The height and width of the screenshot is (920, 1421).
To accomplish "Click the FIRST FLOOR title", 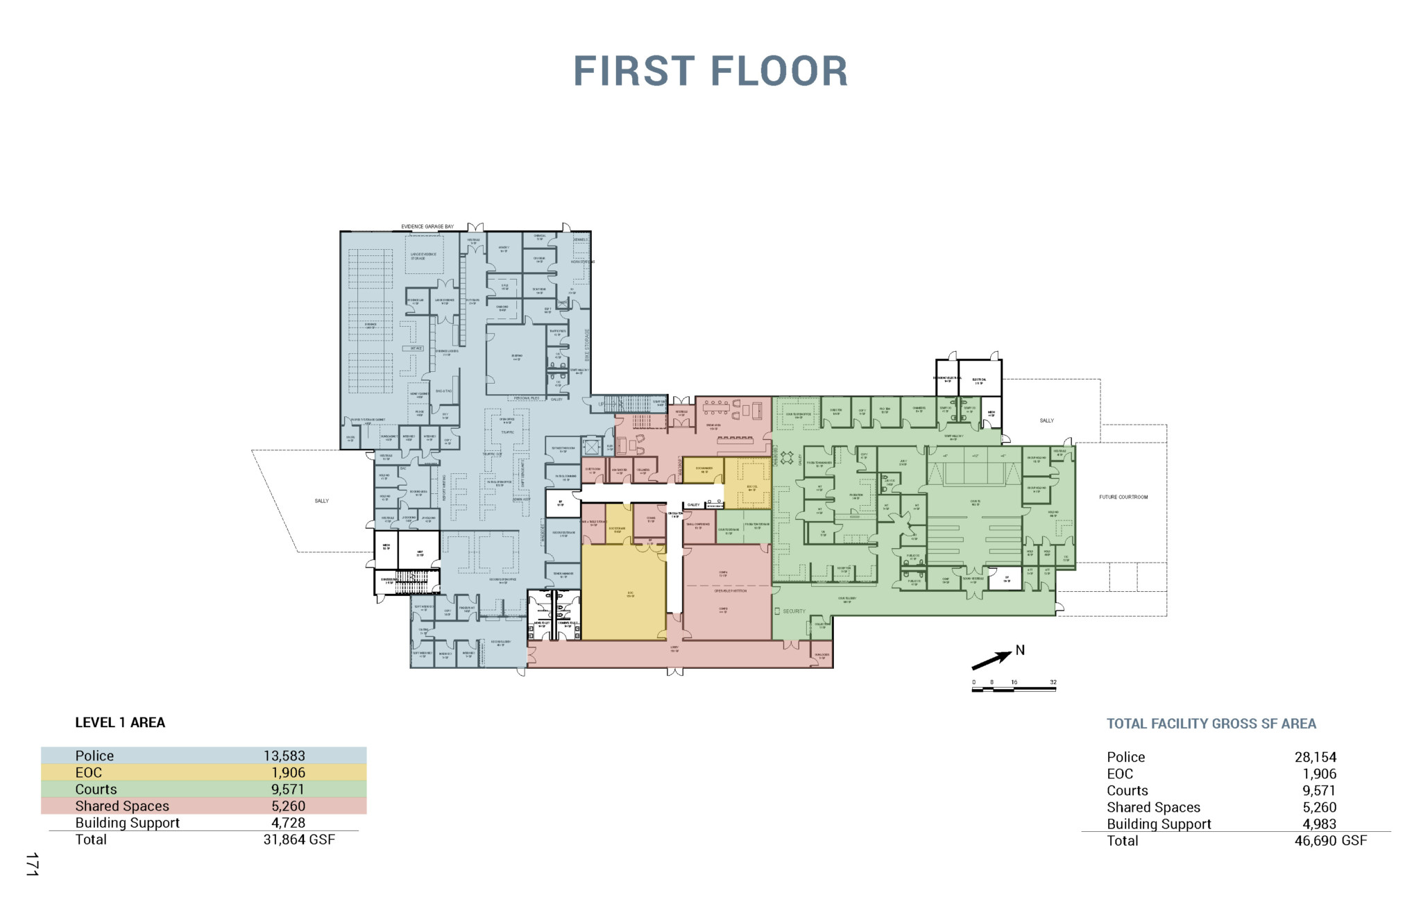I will point(710,71).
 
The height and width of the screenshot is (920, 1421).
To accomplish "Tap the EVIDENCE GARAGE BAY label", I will point(427,227).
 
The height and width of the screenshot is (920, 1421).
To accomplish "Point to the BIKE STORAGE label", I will point(587,345).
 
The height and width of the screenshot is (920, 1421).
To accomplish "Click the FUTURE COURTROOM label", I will point(1123,497).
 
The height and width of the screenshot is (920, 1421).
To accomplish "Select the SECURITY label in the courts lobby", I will point(794,611).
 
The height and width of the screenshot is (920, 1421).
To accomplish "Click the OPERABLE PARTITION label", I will point(730,590).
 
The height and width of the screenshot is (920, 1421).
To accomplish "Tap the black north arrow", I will point(992,660).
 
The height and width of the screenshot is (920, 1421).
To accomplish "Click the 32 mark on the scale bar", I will point(1053,683).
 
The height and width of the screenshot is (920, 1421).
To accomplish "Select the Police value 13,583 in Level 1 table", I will point(284,756).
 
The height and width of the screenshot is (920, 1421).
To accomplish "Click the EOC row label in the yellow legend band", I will point(88,772).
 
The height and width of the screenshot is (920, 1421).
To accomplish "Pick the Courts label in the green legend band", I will point(96,789).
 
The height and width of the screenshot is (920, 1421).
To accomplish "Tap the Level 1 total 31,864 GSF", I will point(298,840).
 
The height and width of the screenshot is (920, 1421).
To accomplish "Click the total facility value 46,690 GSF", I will point(1330,841).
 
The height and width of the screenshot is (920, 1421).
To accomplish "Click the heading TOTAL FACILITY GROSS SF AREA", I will point(1211,724).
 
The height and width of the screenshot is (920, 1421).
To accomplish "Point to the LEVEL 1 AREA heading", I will point(120,722).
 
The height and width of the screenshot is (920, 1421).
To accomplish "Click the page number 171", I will point(32,864).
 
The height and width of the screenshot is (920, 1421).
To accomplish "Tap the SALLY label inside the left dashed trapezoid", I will point(321,501).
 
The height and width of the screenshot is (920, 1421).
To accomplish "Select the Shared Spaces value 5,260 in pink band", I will point(288,806).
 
